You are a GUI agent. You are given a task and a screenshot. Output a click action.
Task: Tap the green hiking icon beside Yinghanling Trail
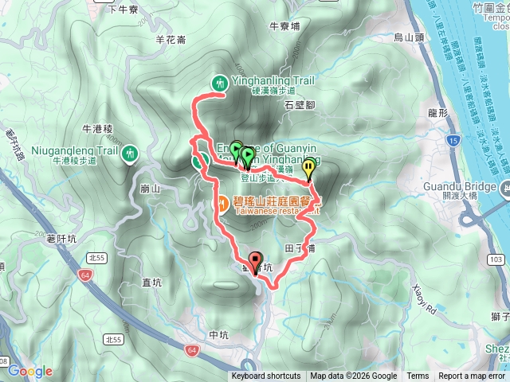(218, 82)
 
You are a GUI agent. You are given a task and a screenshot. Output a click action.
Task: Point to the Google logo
(30, 371)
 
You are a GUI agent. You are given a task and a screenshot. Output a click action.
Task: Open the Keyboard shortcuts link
(266, 376)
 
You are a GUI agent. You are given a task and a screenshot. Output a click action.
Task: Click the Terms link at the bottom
(418, 376)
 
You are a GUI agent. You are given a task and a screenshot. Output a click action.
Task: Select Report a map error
(473, 376)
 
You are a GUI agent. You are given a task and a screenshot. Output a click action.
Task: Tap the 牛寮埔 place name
(285, 49)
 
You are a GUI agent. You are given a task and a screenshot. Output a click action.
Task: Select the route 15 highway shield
(453, 141)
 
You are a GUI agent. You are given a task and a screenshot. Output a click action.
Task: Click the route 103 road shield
(496, 260)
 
